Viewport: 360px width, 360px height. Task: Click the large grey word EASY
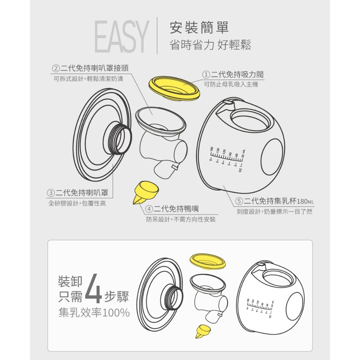(x=121, y=37)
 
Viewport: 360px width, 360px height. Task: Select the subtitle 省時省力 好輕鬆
(x=210, y=45)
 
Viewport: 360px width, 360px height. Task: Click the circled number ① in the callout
(x=206, y=75)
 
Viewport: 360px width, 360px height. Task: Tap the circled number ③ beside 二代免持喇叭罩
(x=51, y=193)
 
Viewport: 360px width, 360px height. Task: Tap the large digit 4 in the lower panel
(x=93, y=289)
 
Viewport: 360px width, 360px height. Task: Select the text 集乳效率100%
(x=94, y=313)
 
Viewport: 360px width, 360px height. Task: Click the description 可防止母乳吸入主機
(x=231, y=84)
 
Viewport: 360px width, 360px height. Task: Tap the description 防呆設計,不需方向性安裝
(x=181, y=220)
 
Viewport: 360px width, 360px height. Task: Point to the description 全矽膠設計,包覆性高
(x=77, y=203)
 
